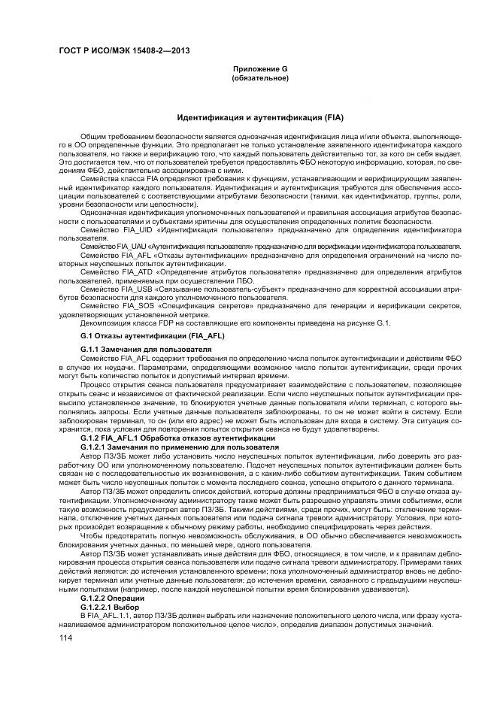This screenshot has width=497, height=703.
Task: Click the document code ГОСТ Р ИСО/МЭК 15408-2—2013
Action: point(124,51)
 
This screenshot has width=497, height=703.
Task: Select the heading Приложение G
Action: point(260,69)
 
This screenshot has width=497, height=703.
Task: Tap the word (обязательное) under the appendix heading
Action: point(260,77)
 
